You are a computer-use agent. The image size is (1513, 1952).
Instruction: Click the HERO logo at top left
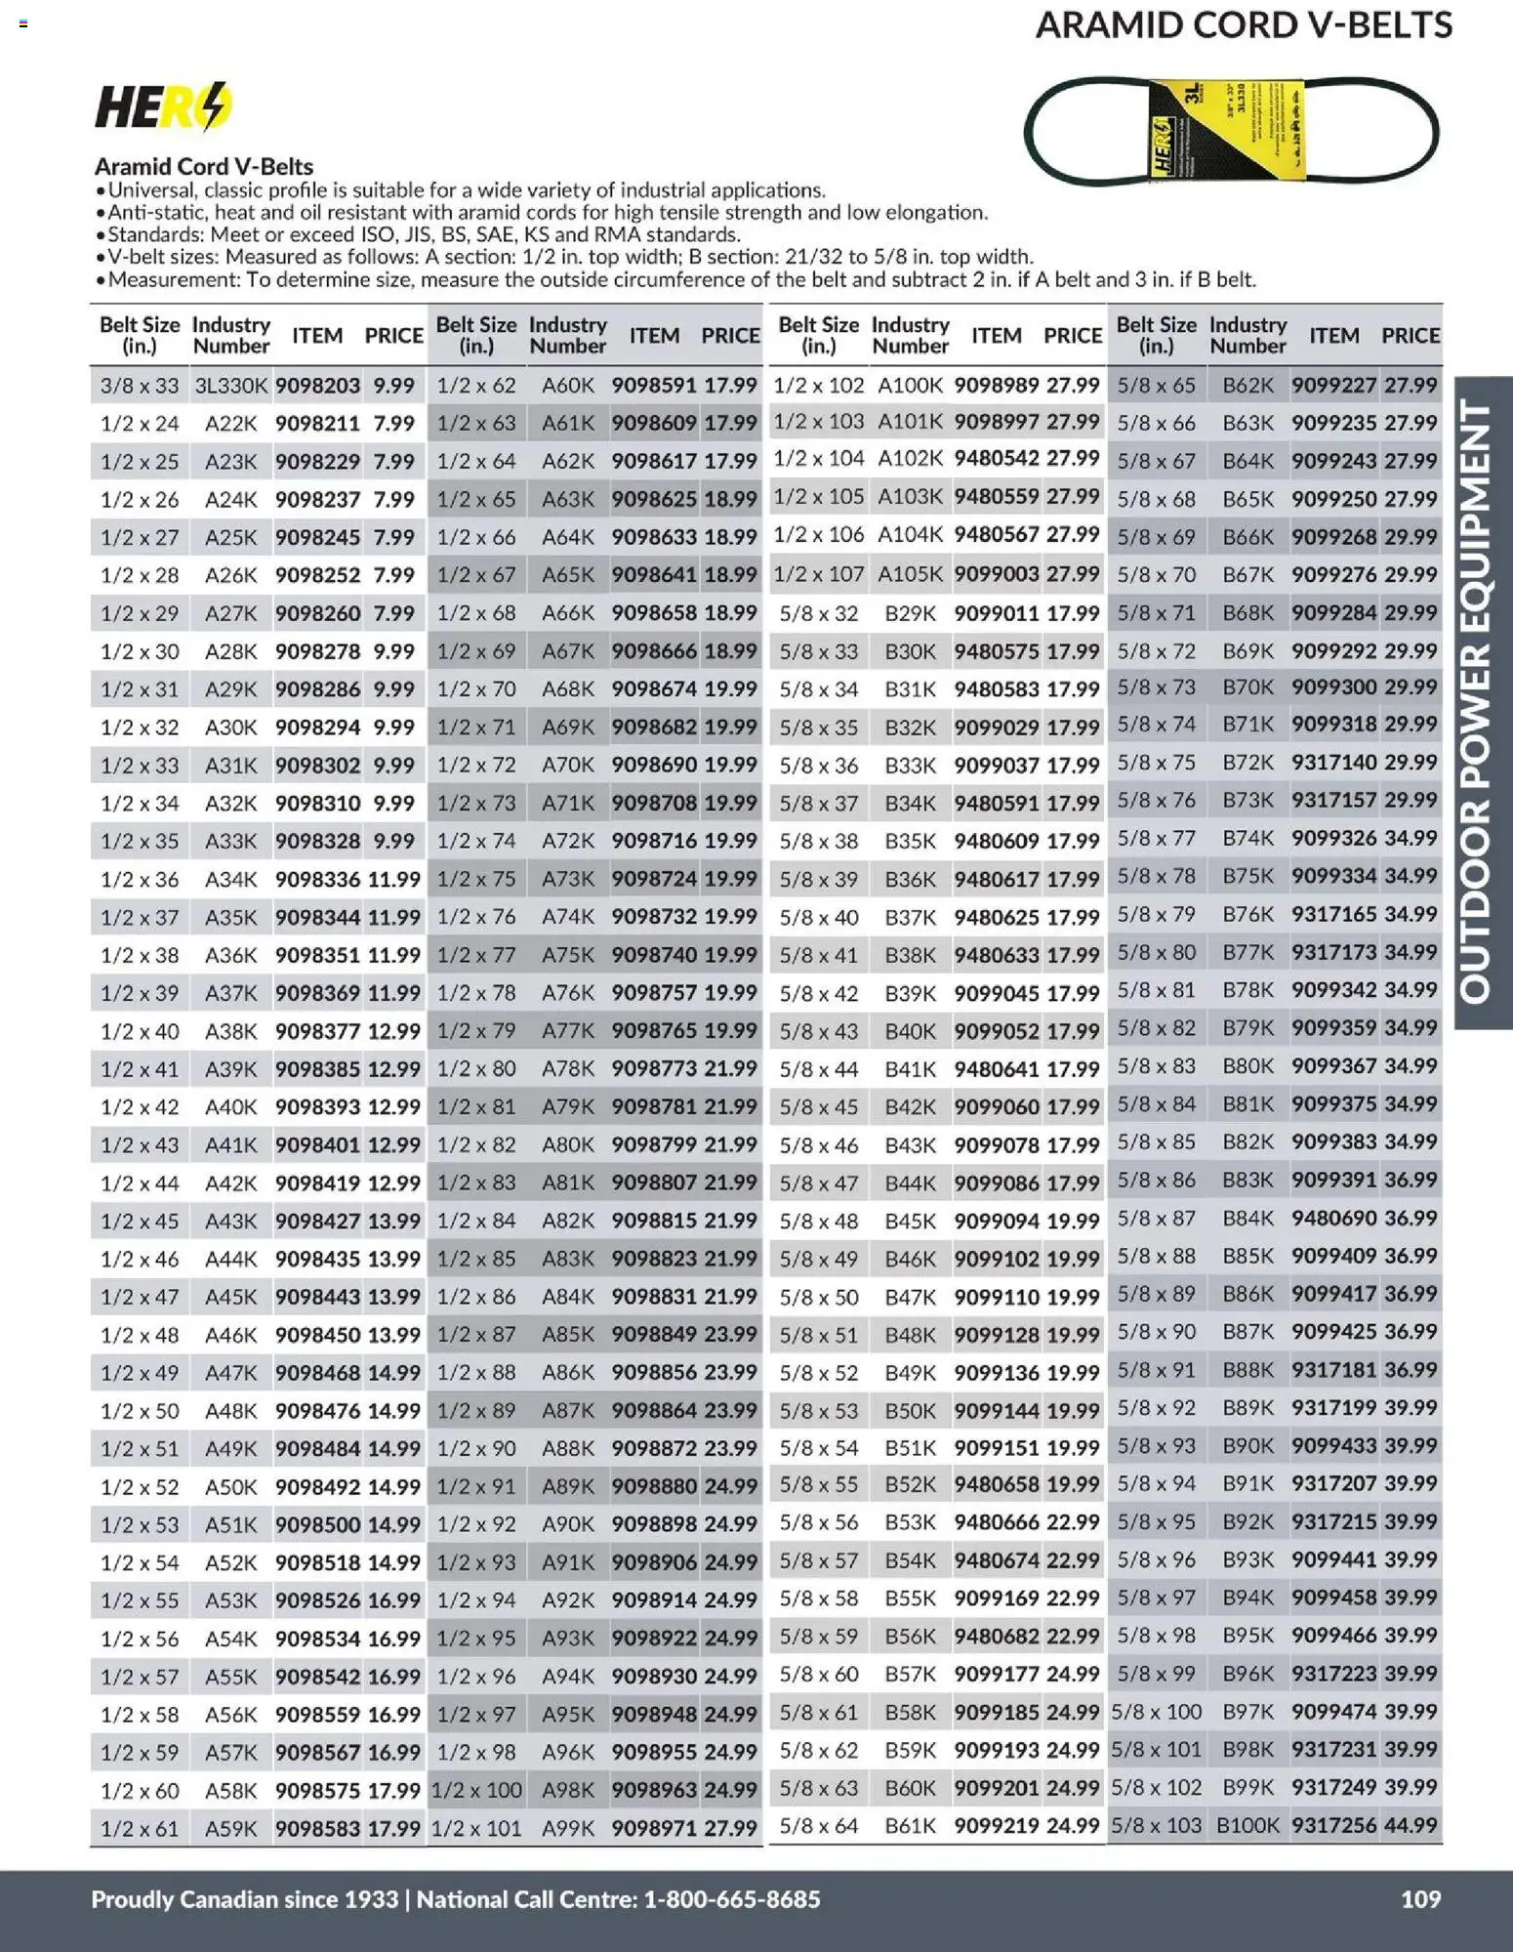point(163,106)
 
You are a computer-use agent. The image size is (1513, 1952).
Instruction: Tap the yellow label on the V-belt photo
point(1227,130)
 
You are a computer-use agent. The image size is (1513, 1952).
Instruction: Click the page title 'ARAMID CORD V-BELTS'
point(1244,25)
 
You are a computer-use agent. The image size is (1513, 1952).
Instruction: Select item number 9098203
point(317,386)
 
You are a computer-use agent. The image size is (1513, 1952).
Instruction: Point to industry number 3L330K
point(230,386)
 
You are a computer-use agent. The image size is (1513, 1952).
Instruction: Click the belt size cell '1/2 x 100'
point(476,1790)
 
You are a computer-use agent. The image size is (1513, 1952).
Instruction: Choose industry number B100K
point(1247,1825)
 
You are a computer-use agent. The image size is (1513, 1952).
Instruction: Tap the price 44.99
point(1411,1825)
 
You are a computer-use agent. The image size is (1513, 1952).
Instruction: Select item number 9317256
point(1333,1825)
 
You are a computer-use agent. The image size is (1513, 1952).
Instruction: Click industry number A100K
point(910,386)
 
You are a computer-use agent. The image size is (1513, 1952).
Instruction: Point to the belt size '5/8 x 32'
point(818,613)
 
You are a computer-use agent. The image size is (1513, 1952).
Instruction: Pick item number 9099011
point(997,613)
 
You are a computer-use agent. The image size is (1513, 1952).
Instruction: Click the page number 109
point(1420,1898)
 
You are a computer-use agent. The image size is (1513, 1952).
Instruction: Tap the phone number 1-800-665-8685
point(732,1898)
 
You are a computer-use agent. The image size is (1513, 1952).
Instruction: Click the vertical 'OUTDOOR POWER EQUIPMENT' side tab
point(1483,702)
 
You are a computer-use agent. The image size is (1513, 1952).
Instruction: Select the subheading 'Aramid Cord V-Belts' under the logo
point(203,166)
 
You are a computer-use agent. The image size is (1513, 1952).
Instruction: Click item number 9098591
point(654,386)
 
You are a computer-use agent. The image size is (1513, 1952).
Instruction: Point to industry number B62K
point(1247,386)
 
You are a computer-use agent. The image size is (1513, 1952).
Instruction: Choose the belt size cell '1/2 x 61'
point(140,1828)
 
